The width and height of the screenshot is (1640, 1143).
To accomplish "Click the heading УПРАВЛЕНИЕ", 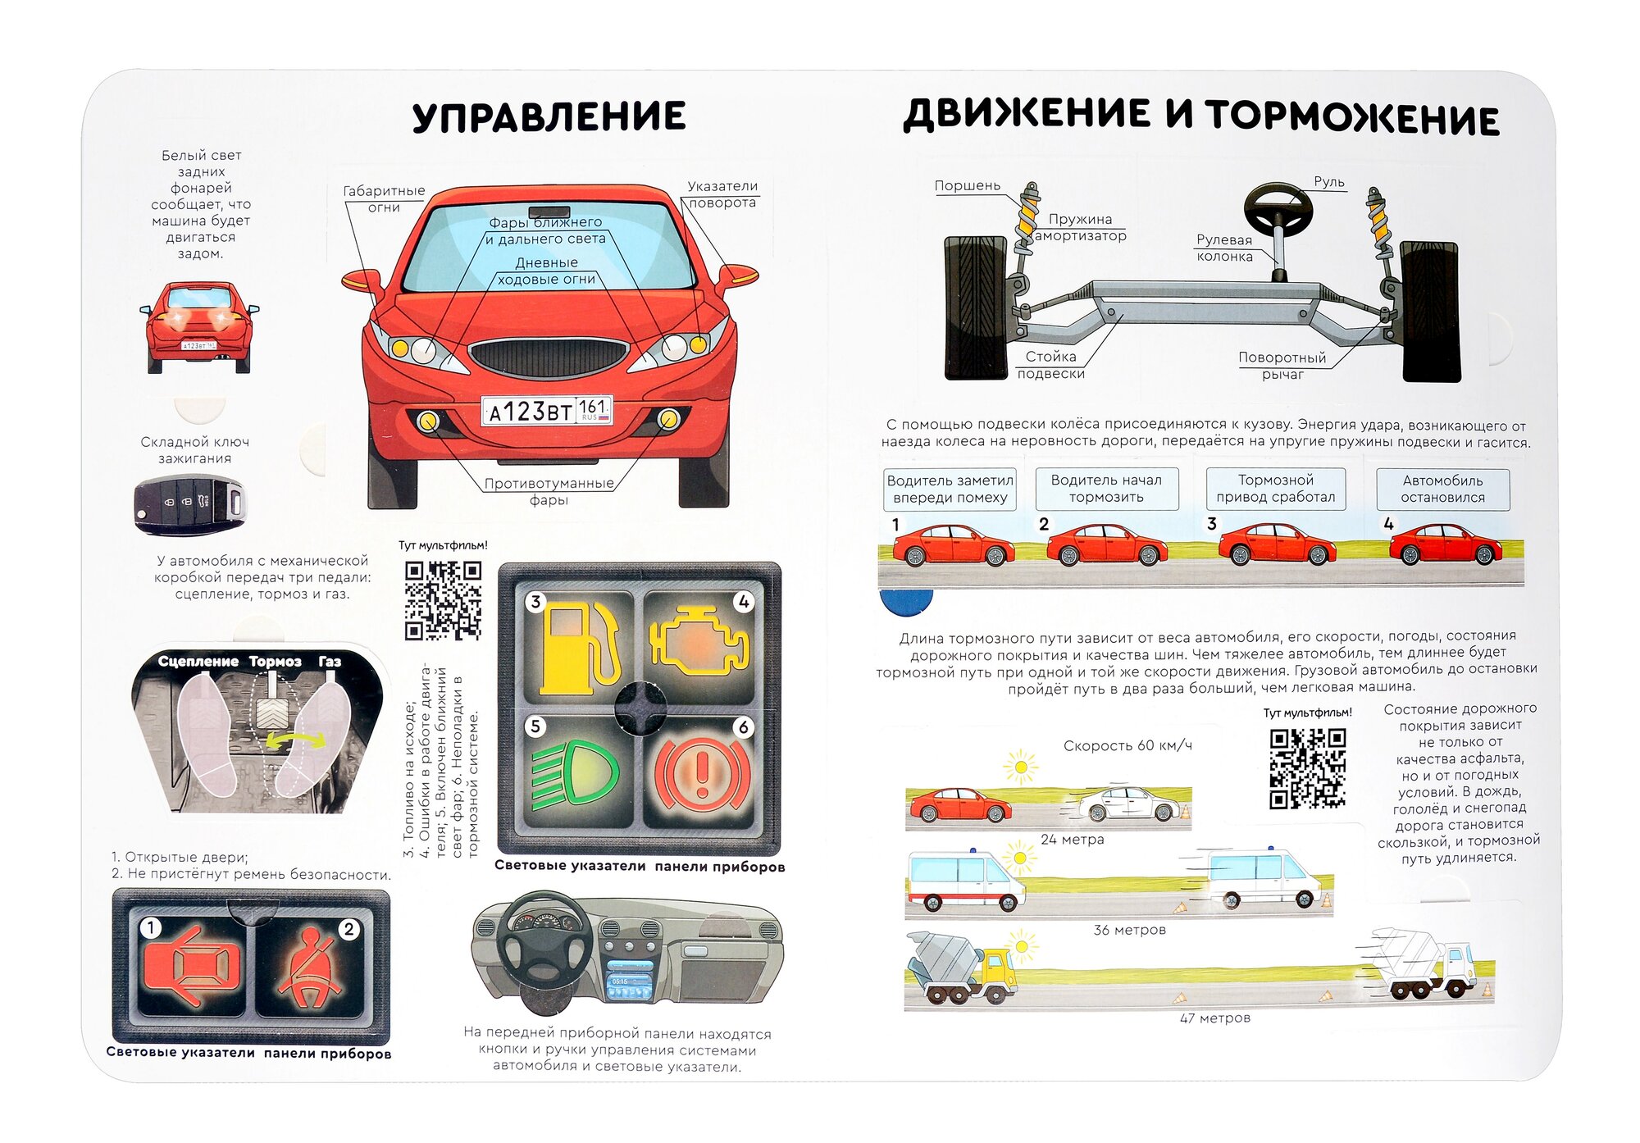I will click(x=549, y=116).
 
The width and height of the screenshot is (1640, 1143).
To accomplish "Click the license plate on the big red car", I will click(x=547, y=410).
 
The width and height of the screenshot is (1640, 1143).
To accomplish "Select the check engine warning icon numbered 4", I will click(x=699, y=643).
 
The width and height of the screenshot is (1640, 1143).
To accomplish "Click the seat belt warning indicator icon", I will click(x=310, y=968).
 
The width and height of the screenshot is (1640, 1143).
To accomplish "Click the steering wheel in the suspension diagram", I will click(x=1278, y=210).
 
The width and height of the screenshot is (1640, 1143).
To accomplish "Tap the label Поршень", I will click(x=968, y=186).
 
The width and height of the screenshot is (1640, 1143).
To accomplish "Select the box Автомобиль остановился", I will click(x=1442, y=490).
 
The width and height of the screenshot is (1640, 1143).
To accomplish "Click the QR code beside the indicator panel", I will click(x=443, y=600).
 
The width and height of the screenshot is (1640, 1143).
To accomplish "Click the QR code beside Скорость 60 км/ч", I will click(x=1308, y=768).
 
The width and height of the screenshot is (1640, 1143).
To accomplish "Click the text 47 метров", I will click(x=1214, y=1018).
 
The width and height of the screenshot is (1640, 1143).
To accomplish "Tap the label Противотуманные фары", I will click(x=549, y=491).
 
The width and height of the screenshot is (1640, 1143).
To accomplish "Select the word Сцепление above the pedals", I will click(x=198, y=662).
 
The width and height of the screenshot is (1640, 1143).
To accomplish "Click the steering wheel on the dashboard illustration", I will click(x=545, y=939).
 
